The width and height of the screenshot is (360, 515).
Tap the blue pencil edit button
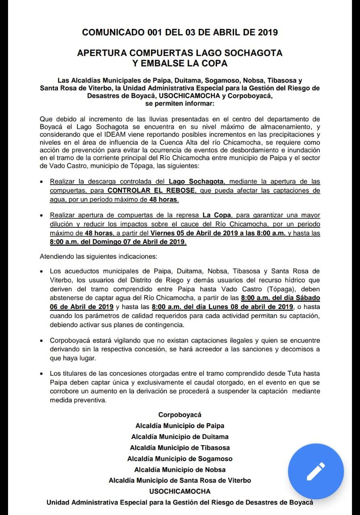316,471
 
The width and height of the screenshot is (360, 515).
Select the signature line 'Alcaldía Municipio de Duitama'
180,437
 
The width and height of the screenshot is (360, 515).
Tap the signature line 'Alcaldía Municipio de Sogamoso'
180,459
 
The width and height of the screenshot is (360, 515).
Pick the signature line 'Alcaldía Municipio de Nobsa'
180,470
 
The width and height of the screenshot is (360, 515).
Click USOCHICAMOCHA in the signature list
180,491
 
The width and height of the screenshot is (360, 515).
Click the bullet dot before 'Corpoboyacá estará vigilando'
41,341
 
